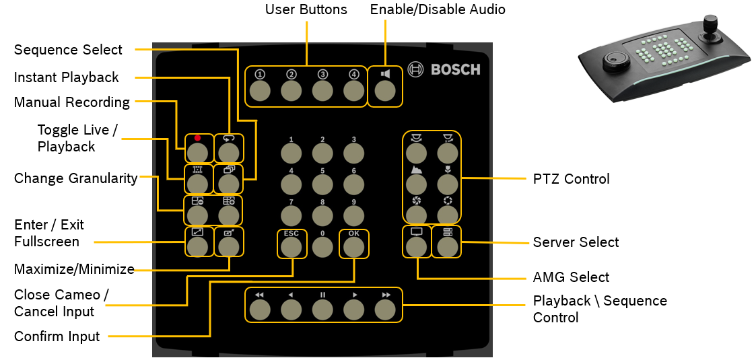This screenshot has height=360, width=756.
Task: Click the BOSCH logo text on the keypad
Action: click(x=455, y=69)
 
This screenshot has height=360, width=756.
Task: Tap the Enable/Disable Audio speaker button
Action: click(x=385, y=91)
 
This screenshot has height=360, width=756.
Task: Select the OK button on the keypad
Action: click(x=354, y=247)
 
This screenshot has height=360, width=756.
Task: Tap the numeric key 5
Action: click(x=322, y=184)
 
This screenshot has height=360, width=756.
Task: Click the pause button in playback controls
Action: click(x=322, y=309)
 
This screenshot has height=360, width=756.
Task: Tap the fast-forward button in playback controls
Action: click(x=386, y=309)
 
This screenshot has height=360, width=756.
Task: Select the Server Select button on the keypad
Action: click(x=448, y=246)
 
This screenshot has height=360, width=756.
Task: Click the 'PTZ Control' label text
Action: click(x=571, y=179)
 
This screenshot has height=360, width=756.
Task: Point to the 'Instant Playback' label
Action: click(x=66, y=77)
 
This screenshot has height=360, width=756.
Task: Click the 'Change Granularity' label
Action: click(x=75, y=178)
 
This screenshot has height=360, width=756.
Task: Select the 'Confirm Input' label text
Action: click(x=57, y=336)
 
